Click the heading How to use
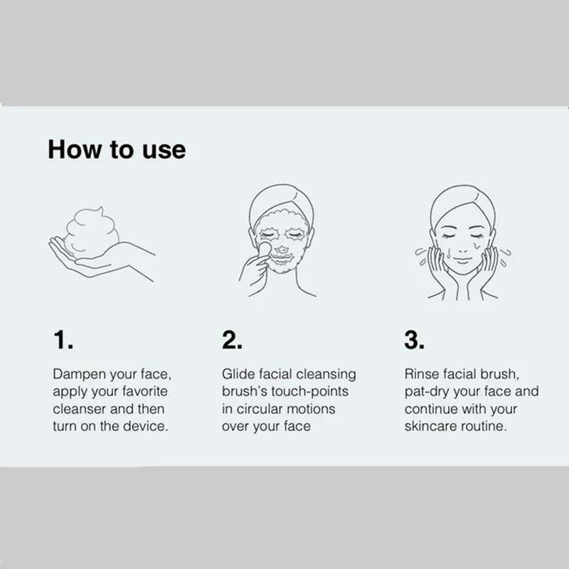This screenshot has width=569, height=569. [117, 150]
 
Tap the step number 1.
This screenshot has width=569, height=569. [63, 340]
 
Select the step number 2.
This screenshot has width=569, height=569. [233, 340]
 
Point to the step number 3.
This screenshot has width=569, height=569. [415, 340]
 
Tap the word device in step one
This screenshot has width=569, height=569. [148, 427]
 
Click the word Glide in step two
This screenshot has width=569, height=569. [238, 374]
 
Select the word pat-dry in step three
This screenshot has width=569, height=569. [427, 392]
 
